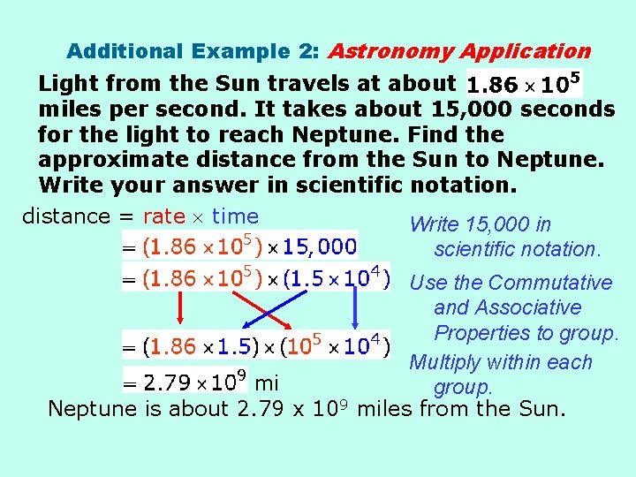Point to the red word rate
coord(163,216)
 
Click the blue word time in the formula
coord(236,216)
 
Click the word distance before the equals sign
coord(65,216)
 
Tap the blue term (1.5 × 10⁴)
coord(336,278)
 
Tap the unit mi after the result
coord(266,383)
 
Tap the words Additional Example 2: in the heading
coord(193,52)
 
